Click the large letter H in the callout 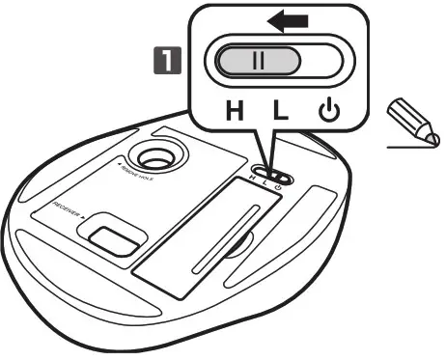(235, 109)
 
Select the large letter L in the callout (279, 109)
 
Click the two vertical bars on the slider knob (258, 61)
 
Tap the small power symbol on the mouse (288, 178)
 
